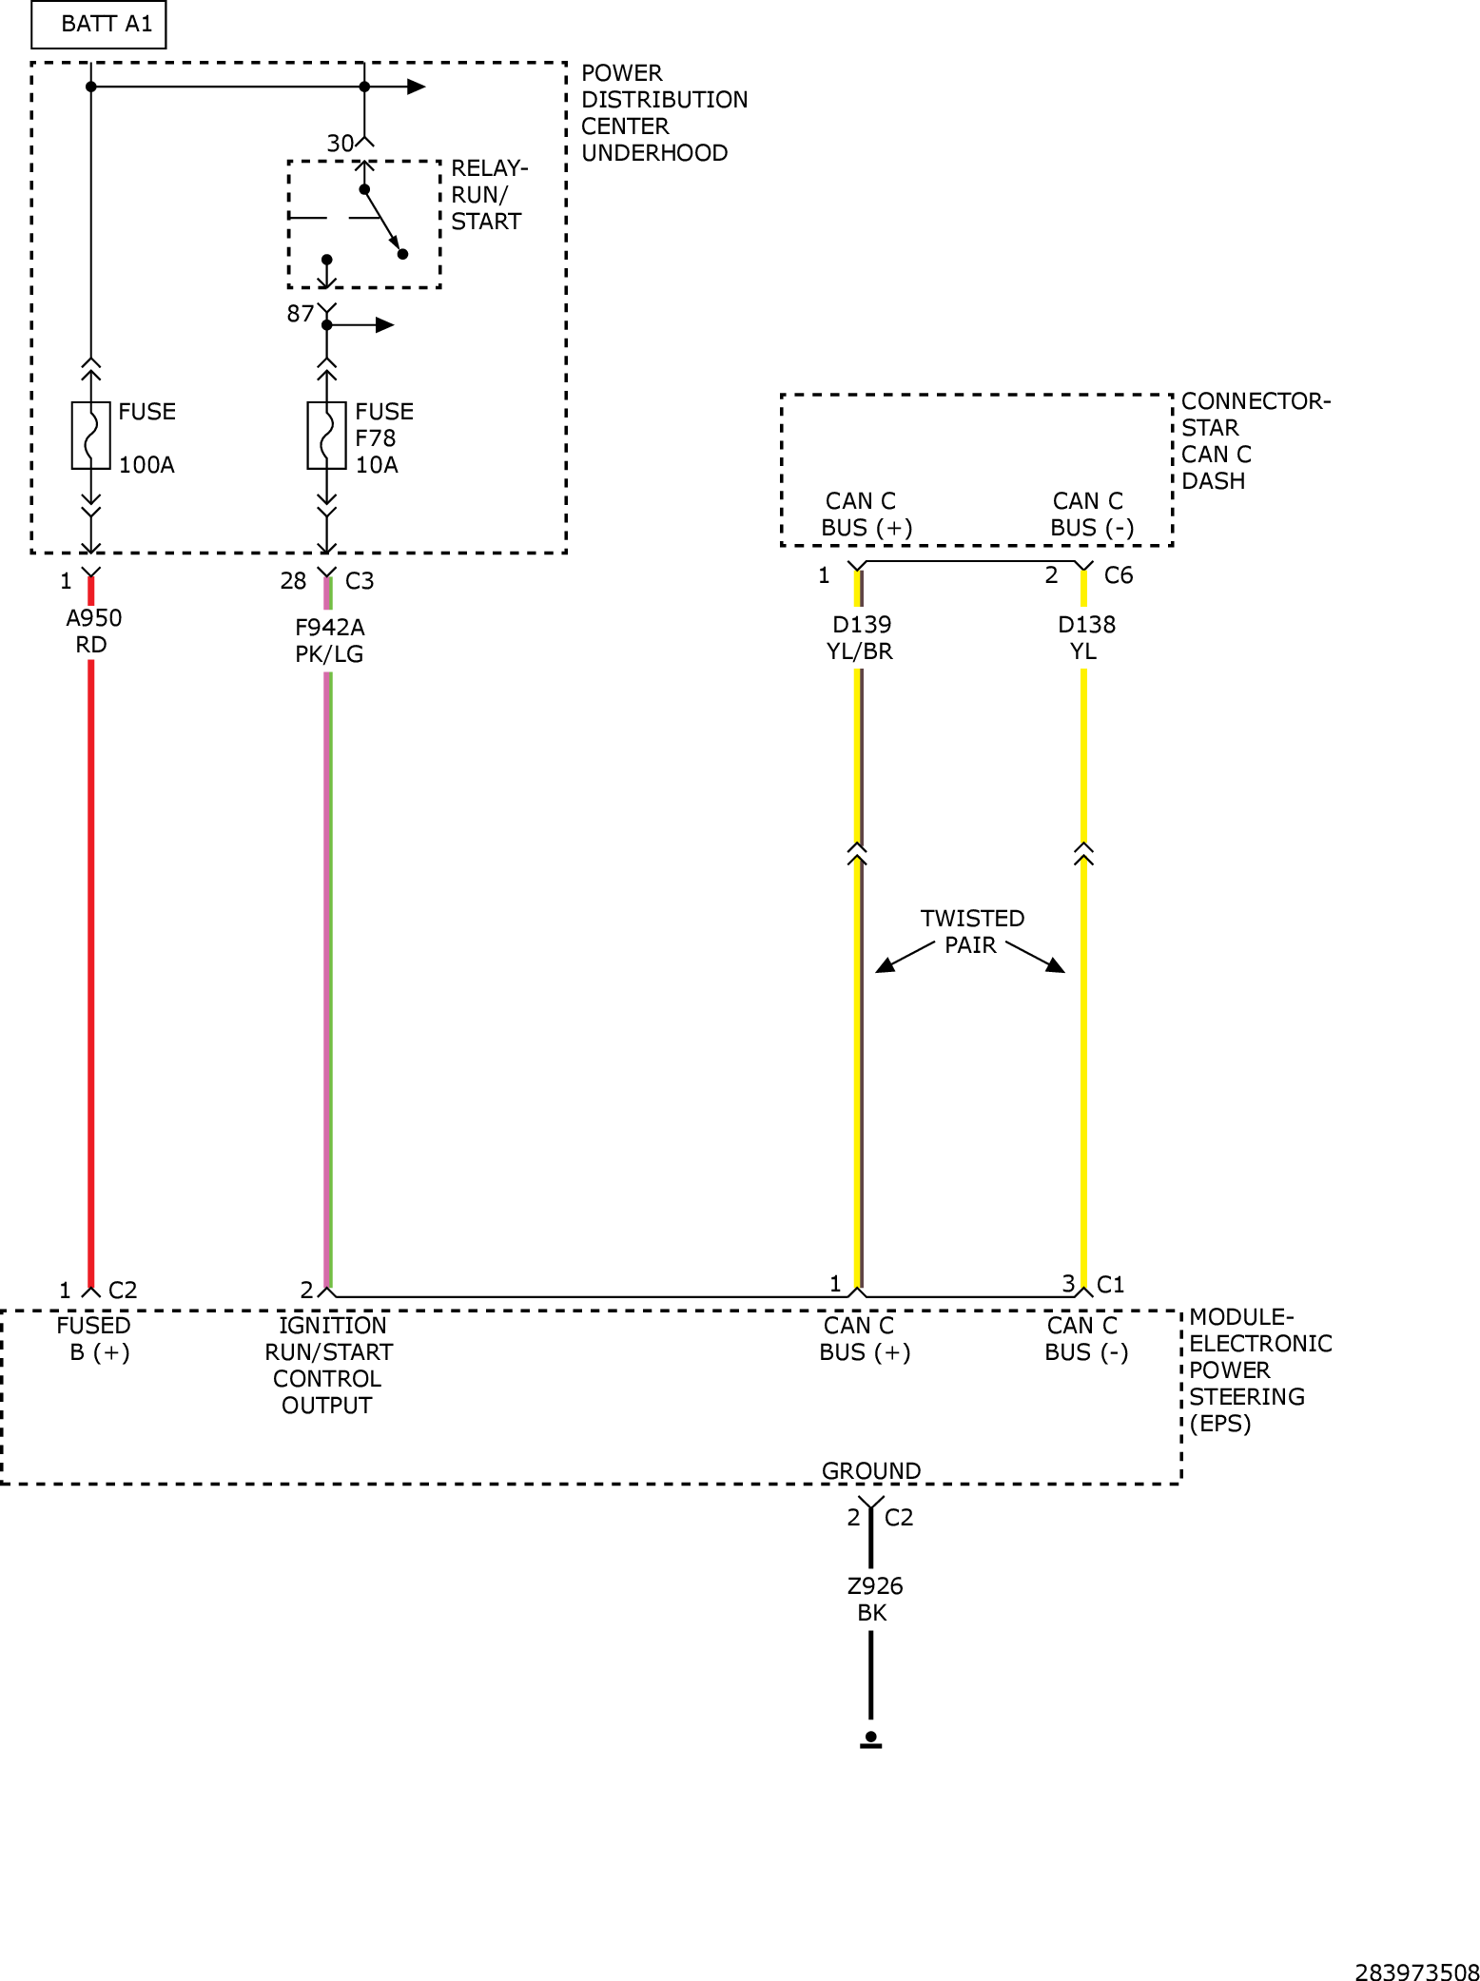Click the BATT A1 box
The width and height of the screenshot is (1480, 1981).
tap(99, 25)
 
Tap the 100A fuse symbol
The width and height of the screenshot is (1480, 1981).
tap(91, 436)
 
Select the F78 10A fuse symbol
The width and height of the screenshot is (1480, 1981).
tap(326, 436)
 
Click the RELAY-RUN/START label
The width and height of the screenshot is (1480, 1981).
tap(489, 195)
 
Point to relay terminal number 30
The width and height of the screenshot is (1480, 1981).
tap(340, 144)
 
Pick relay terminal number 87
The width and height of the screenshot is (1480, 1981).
tap(301, 314)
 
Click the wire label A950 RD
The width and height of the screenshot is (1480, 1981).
tap(93, 631)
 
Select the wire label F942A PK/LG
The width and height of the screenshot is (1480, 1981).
tap(329, 640)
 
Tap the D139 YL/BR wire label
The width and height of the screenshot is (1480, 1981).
tap(861, 638)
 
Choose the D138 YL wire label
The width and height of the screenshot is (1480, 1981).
tap(1086, 638)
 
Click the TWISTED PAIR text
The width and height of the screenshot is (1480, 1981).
tap(972, 932)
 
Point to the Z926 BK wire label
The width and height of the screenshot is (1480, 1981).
tap(874, 1600)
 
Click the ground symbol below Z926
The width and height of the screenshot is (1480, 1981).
tap(870, 1740)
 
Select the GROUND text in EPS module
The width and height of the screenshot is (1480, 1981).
tap(871, 1470)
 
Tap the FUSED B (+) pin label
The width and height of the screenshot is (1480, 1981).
tap(94, 1339)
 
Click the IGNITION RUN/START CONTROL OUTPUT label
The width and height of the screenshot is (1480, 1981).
tap(328, 1366)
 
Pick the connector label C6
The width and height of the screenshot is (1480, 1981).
tap(1119, 575)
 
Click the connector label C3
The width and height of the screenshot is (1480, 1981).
tap(360, 581)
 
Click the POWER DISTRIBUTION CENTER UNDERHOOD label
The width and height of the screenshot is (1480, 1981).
tap(664, 113)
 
